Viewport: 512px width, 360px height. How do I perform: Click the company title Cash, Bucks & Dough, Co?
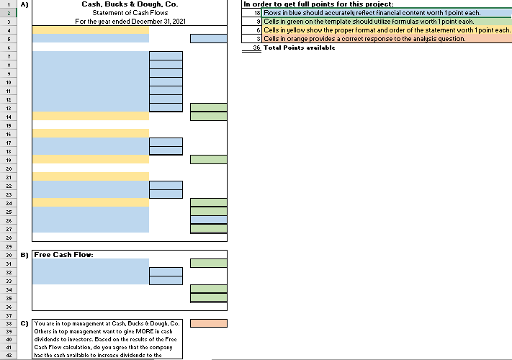[x=130, y=4]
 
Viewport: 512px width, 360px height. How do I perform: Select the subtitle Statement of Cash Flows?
[x=130, y=13]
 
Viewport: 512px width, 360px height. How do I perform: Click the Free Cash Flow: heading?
[x=63, y=255]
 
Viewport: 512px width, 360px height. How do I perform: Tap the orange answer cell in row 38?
[x=209, y=323]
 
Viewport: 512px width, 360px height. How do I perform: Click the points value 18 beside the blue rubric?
[x=257, y=13]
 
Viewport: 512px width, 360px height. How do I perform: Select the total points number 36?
[x=256, y=48]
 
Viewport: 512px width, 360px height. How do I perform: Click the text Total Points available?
[x=299, y=48]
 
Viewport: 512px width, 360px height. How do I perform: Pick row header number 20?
[x=9, y=168]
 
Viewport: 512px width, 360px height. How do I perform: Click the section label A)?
[x=24, y=4]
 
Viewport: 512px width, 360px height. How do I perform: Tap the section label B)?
[x=24, y=255]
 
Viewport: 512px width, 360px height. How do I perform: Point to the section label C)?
[x=24, y=323]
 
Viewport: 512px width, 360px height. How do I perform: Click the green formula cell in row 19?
[x=209, y=160]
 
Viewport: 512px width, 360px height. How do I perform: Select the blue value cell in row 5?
[x=209, y=38]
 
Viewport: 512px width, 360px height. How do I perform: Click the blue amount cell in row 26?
[x=209, y=220]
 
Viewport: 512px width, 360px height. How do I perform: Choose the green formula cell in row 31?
[x=209, y=263]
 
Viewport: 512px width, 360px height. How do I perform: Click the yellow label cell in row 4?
[x=91, y=30]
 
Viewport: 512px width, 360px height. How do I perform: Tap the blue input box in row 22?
[x=166, y=185]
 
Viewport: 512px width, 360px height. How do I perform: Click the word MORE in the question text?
[x=145, y=331]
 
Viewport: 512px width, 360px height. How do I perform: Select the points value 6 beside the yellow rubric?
[x=259, y=30]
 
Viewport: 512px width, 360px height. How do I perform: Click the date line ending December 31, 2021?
[x=130, y=22]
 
